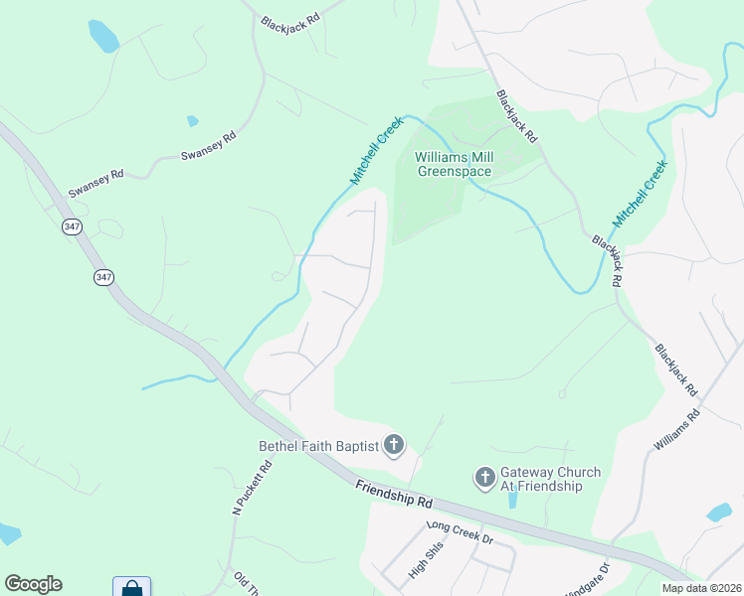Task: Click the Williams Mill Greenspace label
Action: [x=454, y=164]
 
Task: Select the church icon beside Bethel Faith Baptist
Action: [x=394, y=445]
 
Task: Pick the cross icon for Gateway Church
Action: [x=484, y=479]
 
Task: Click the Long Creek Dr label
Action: [x=460, y=532]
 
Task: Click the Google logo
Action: [x=33, y=584]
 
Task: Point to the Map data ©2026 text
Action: [x=701, y=587]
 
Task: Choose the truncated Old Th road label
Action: [x=246, y=581]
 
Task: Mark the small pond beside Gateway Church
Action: [x=511, y=498]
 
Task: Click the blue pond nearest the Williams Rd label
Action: [x=718, y=513]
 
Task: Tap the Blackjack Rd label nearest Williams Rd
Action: [x=676, y=371]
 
